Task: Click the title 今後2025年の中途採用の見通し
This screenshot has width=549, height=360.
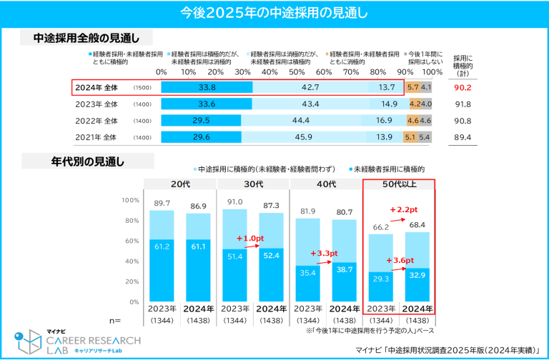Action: click(274, 12)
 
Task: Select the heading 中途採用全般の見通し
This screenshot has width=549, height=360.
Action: click(86, 39)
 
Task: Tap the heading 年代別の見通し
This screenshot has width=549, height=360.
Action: click(86, 161)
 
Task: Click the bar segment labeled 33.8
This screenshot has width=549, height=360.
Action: click(207, 87)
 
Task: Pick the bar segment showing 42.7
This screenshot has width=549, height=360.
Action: click(310, 87)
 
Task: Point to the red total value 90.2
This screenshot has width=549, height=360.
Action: click(463, 88)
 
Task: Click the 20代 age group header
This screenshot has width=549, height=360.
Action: click(179, 184)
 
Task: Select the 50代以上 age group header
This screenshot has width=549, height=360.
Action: click(399, 184)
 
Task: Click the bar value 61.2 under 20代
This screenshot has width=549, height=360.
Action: click(162, 246)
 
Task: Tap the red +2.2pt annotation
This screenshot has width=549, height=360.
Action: click(404, 210)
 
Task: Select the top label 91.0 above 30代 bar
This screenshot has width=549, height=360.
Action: click(234, 202)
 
